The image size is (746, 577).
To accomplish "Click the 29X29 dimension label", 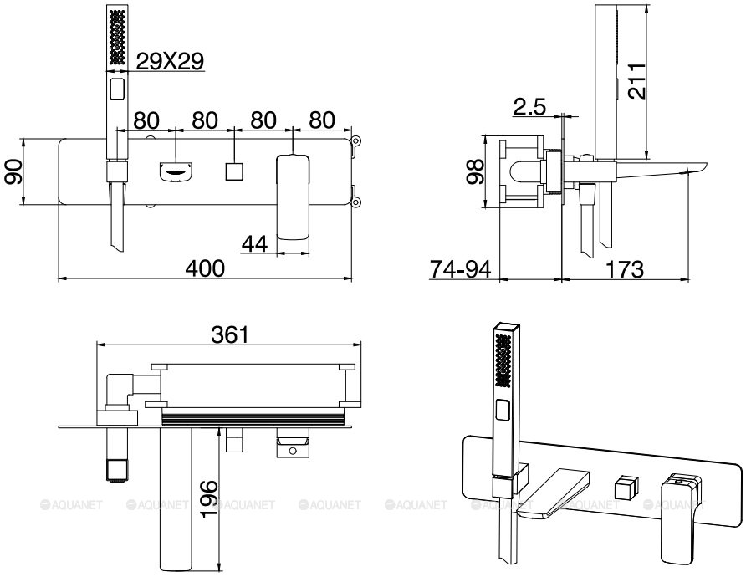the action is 170,61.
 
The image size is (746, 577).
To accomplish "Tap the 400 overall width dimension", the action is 205,268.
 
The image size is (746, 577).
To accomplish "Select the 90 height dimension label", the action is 13,171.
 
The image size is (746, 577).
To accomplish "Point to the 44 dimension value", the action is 255,244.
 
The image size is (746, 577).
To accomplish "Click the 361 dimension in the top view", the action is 230,334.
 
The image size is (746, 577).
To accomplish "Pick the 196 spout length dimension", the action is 208,498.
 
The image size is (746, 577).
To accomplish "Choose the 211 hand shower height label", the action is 636,81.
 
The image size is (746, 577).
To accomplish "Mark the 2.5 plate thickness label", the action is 529,106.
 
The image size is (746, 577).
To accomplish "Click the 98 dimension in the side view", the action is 475,171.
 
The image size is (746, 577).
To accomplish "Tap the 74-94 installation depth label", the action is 460,269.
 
